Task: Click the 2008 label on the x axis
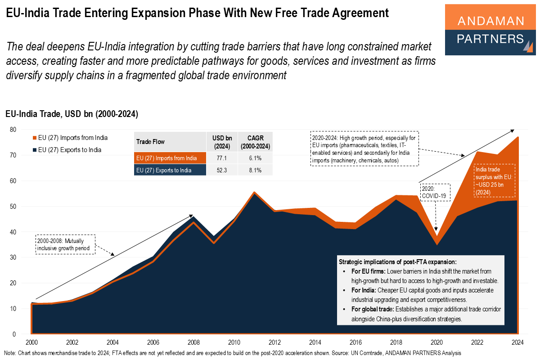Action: pyautogui.click(x=193, y=341)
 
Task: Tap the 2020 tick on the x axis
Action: pyautogui.click(x=436, y=341)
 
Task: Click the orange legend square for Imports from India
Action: pyautogui.click(x=34, y=138)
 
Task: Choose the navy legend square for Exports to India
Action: pyautogui.click(x=34, y=150)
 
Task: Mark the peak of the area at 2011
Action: pyautogui.click(x=254, y=193)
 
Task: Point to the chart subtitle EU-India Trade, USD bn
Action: pyautogui.click(x=72, y=114)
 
